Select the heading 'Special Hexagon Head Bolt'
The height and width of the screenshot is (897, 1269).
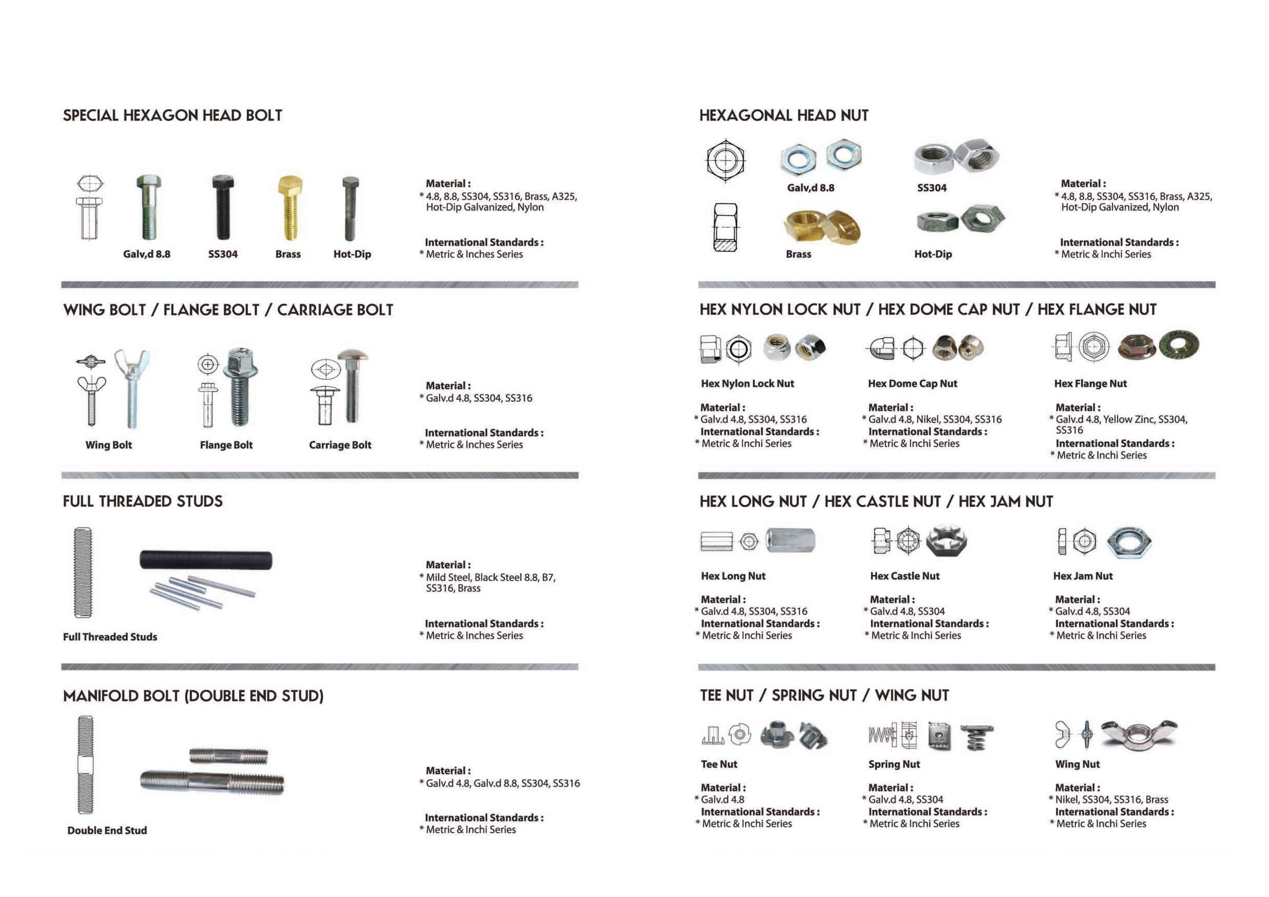[x=172, y=115]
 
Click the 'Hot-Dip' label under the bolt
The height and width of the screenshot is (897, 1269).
[x=352, y=254]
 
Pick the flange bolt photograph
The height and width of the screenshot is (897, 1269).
[x=240, y=387]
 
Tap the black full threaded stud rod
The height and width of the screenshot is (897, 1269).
[x=206, y=560]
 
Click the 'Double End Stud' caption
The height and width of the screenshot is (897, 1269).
[x=107, y=830]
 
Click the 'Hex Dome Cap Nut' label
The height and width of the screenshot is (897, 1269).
[x=912, y=383]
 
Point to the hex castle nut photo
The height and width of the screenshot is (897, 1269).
[x=946, y=541]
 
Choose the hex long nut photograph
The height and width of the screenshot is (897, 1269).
[x=790, y=540]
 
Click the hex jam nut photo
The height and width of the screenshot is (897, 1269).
[x=1129, y=542]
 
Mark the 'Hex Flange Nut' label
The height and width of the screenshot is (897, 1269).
[x=1090, y=383]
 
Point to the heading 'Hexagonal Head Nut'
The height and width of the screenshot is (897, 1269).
[x=784, y=115]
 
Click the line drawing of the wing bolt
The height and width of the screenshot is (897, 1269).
[x=91, y=389]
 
